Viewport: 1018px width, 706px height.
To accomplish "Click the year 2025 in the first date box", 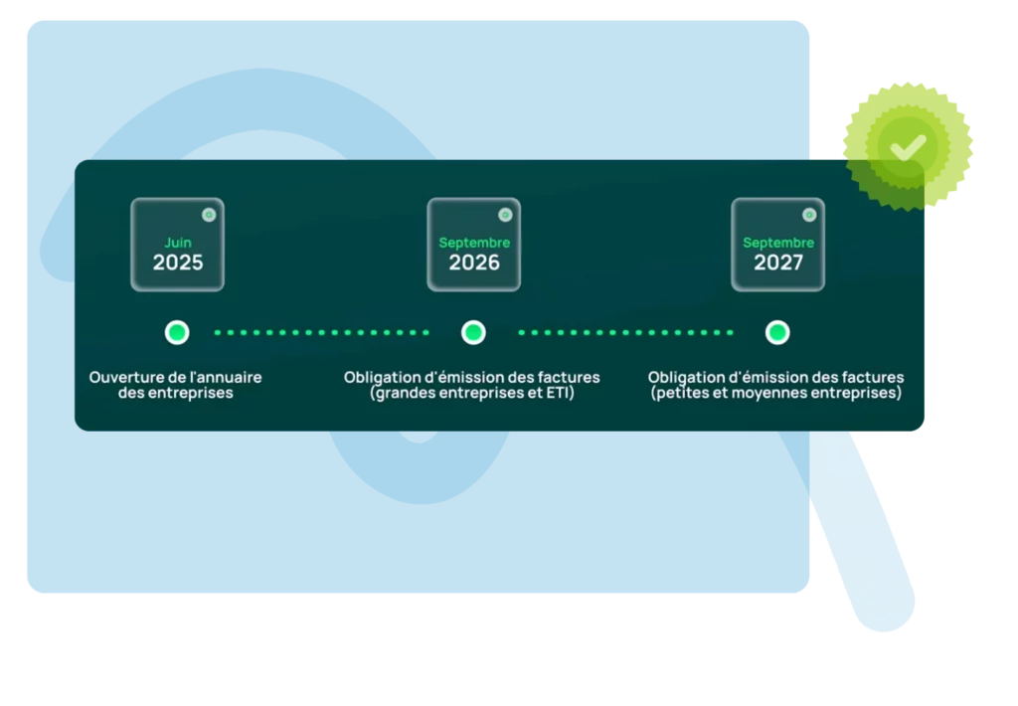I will [x=178, y=263].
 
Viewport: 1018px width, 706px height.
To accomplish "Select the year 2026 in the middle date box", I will [x=474, y=263].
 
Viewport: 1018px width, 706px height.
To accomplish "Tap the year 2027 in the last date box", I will [x=778, y=263].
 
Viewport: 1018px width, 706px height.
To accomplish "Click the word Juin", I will [x=178, y=243].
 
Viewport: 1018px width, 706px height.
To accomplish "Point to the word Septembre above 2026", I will [x=474, y=243].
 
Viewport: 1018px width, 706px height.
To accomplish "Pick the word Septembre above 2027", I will [x=778, y=243].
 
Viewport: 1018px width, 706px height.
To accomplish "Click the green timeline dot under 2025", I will [x=177, y=332].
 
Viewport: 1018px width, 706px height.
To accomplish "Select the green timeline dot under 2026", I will [x=474, y=332].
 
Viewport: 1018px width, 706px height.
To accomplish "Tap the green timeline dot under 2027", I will [x=777, y=332].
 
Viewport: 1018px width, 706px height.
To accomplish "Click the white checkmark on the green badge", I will [x=908, y=147].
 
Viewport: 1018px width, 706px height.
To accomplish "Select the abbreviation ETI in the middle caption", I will [x=561, y=394].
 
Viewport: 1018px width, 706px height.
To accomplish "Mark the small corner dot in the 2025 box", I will [x=209, y=214].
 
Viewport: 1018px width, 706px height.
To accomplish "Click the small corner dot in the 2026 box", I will [x=505, y=214].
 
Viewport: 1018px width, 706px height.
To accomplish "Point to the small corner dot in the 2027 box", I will [x=809, y=214].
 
